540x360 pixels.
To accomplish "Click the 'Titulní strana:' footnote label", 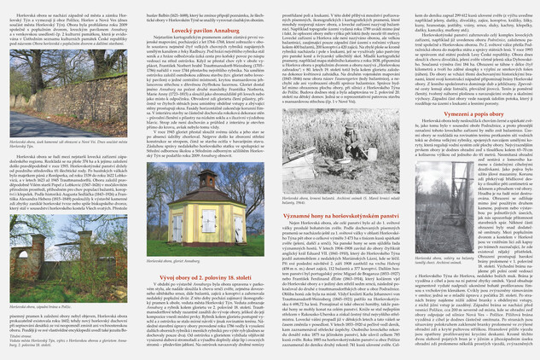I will (x=13, y=342).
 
